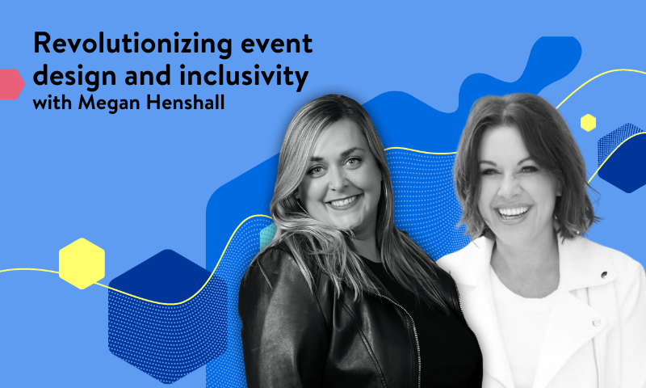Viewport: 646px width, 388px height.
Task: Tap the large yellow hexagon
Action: [x=82, y=264]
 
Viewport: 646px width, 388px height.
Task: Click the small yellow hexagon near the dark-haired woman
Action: [x=588, y=123]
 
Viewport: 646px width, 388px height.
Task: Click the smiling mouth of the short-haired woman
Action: [x=514, y=213]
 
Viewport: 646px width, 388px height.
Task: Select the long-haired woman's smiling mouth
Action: [x=342, y=200]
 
